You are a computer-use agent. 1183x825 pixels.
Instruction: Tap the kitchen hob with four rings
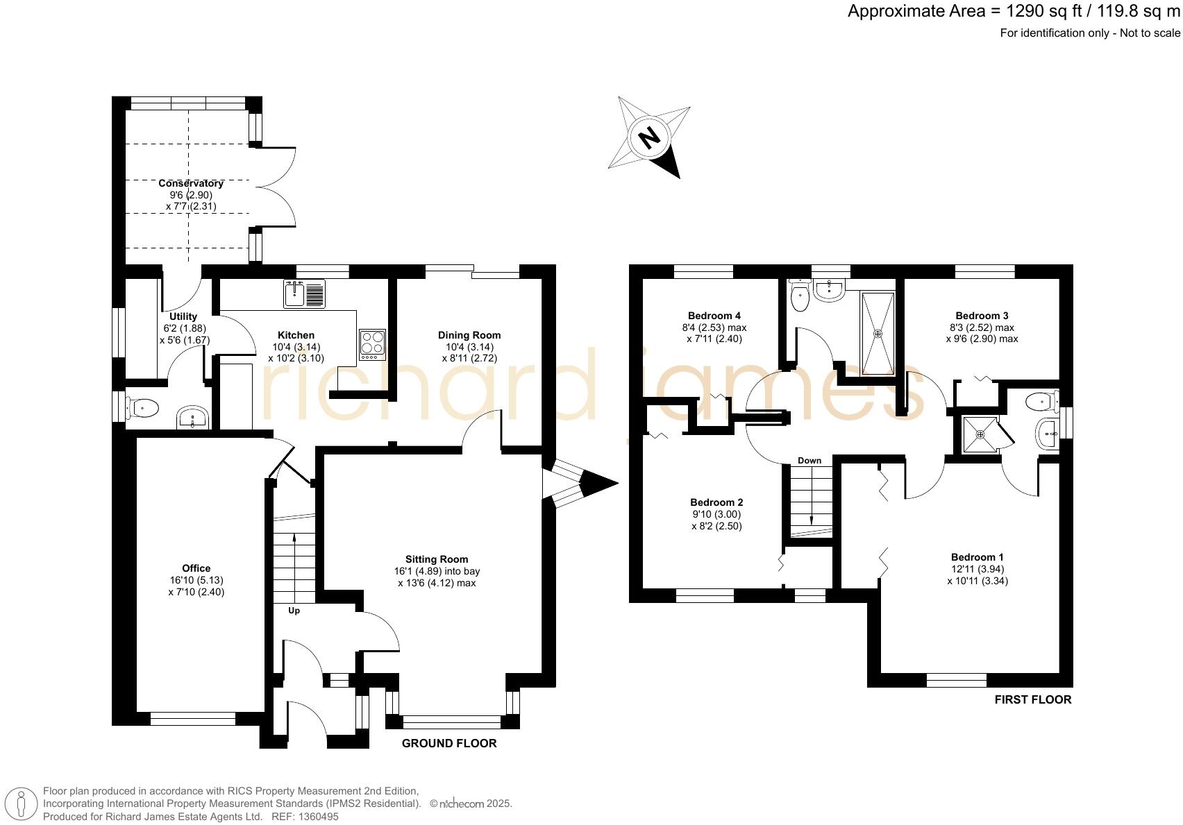pyautogui.click(x=372, y=344)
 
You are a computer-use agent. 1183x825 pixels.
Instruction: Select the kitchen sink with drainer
pyautogui.click(x=304, y=294)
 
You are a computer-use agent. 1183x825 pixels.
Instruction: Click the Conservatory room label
pyautogui.click(x=191, y=183)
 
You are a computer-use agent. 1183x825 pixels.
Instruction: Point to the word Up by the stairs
pyautogui.click(x=294, y=611)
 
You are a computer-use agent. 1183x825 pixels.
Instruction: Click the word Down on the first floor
pyautogui.click(x=809, y=460)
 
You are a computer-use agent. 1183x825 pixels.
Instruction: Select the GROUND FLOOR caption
pyautogui.click(x=449, y=743)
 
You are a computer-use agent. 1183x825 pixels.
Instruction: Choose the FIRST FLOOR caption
pyautogui.click(x=1032, y=699)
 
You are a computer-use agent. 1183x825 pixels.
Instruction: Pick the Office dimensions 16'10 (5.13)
pyautogui.click(x=196, y=580)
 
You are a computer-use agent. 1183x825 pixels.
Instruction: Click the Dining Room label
pyautogui.click(x=469, y=335)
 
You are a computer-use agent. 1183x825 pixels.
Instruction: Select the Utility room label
pyautogui.click(x=183, y=316)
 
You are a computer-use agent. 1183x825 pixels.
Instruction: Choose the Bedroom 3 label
pyautogui.click(x=982, y=316)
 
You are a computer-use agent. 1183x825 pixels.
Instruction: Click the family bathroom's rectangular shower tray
pyautogui.click(x=878, y=334)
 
